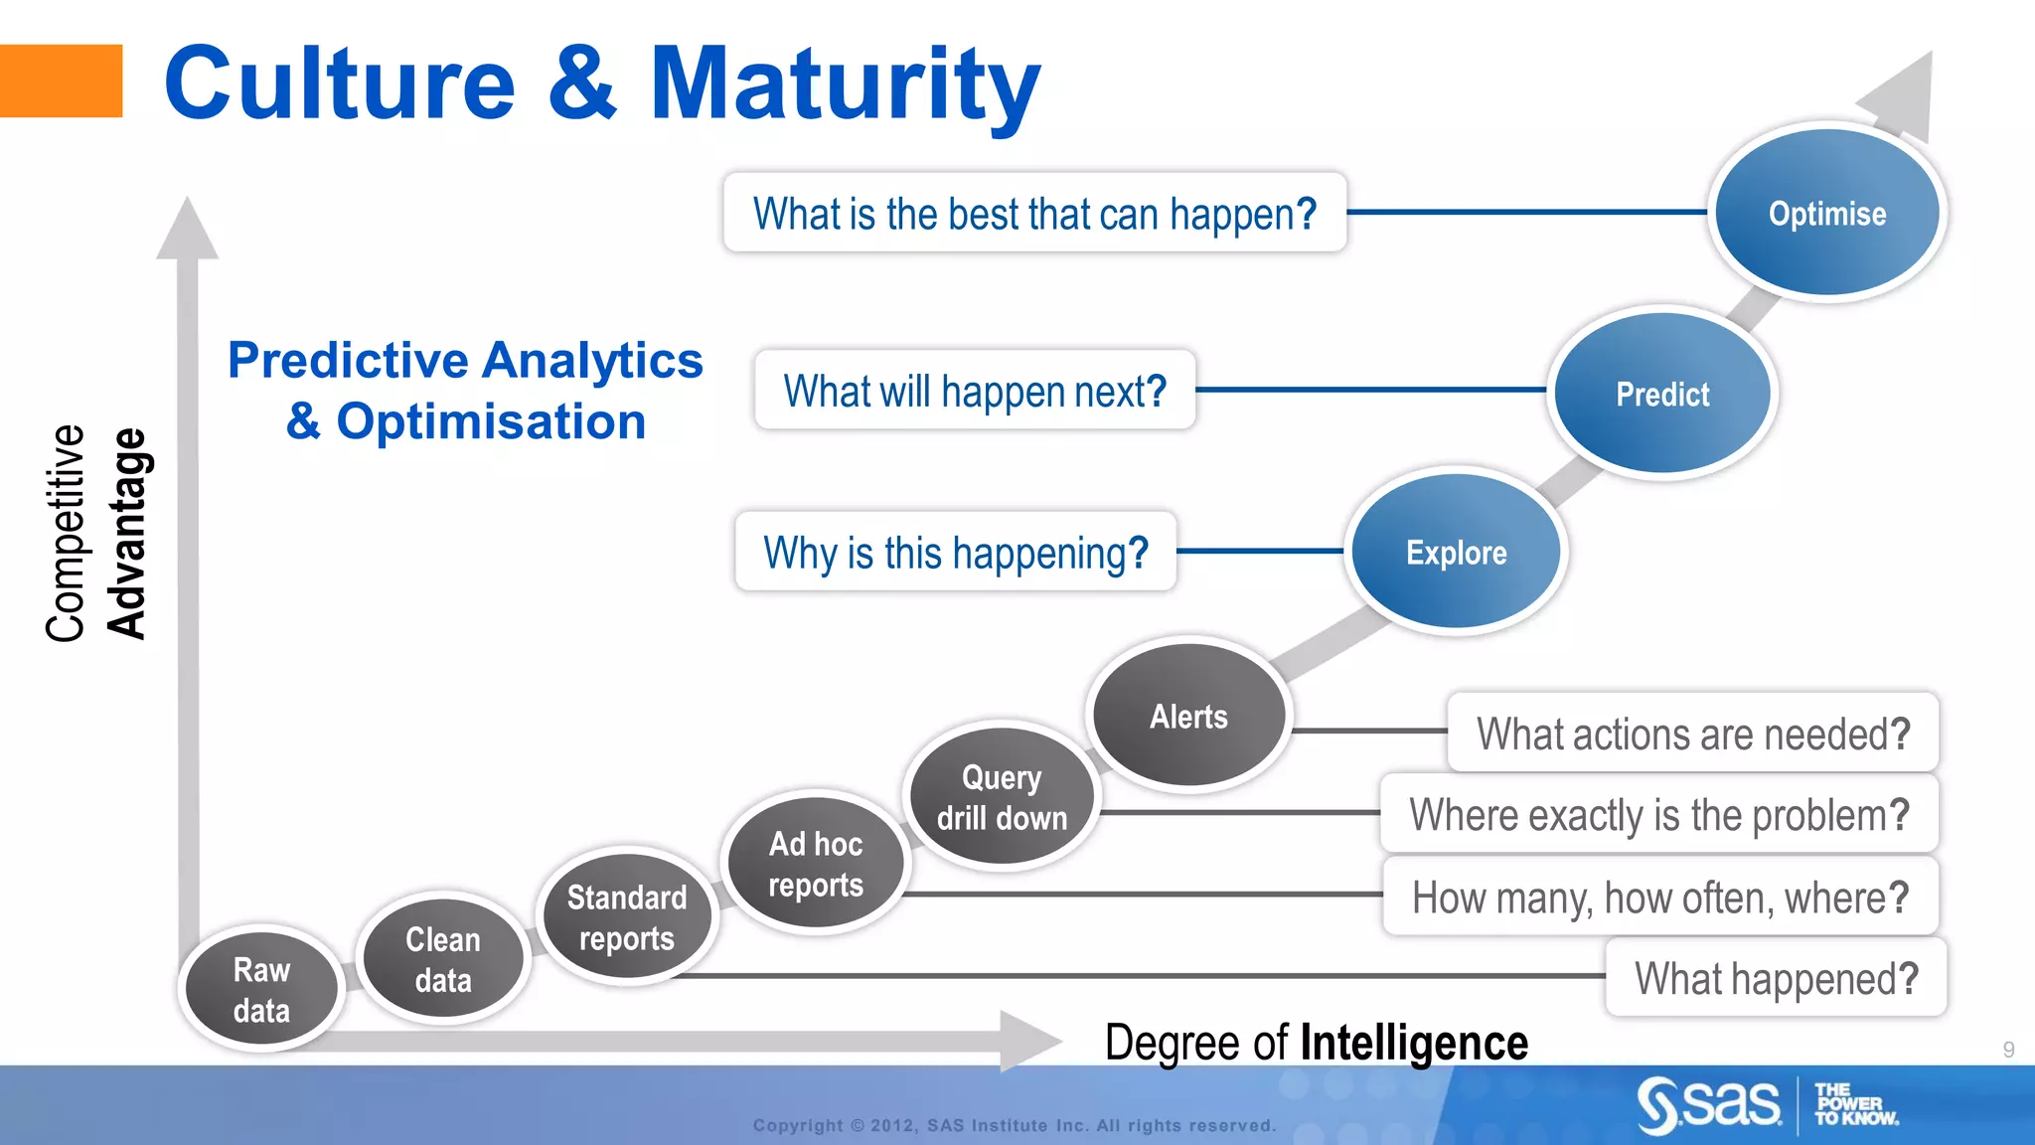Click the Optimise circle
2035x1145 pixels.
1826,213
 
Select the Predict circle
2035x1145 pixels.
1662,394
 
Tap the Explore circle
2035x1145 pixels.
1456,552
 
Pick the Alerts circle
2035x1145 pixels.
1188,716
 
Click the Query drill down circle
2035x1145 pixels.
1002,797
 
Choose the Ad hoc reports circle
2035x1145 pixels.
815,864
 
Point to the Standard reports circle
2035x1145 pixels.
626,917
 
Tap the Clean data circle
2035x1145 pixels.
443,959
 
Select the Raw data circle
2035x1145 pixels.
261,990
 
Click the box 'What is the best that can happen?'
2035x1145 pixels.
1034,213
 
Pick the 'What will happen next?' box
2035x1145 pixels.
974,391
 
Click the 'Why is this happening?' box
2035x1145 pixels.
955,552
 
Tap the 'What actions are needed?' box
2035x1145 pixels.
1692,734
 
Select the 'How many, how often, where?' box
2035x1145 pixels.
1659,897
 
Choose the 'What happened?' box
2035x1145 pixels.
1776,978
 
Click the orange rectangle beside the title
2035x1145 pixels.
61,82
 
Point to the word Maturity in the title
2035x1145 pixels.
844,85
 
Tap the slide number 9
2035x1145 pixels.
2008,1050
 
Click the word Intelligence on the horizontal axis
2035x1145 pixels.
1414,1043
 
